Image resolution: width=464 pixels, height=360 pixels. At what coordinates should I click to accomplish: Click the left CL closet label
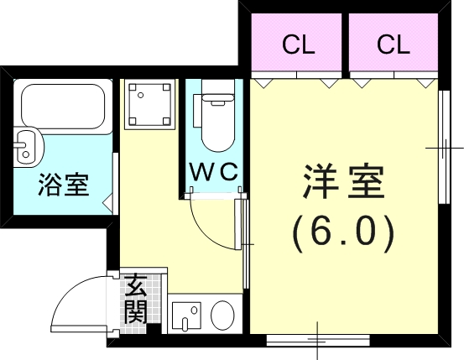coord(298,45)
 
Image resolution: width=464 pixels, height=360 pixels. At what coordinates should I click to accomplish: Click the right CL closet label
coord(393,45)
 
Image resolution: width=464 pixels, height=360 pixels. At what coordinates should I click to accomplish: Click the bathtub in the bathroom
coord(60,104)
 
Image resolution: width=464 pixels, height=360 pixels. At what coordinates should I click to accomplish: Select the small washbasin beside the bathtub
coord(27,146)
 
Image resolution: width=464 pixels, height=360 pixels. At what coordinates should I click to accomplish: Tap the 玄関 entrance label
coord(136,300)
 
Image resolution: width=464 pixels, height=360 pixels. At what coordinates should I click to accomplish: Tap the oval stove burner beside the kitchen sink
coord(222,316)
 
